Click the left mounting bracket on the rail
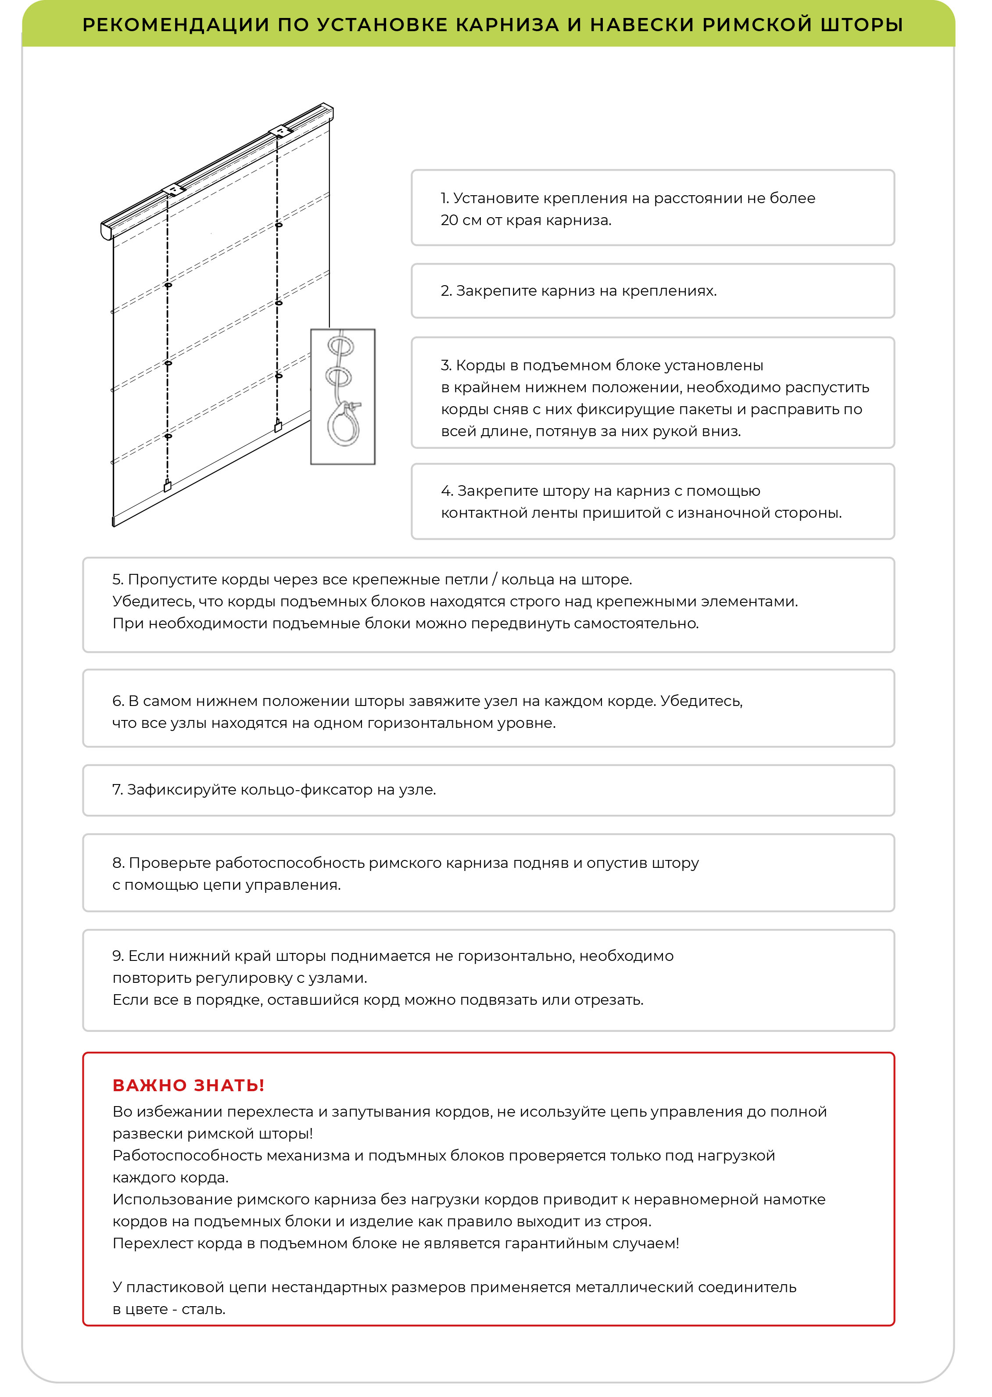coord(173,190)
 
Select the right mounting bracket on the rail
coord(280,131)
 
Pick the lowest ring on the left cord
coord(168,436)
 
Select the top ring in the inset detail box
coord(341,346)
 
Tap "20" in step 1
coord(449,220)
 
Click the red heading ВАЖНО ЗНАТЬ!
coord(189,1085)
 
